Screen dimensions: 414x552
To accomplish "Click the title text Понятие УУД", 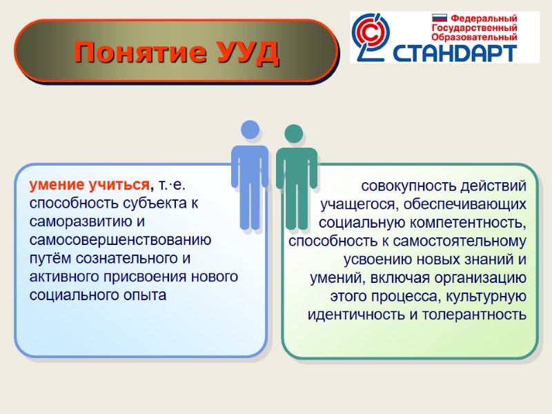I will click(x=177, y=52).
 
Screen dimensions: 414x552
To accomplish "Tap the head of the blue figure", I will click(x=250, y=130).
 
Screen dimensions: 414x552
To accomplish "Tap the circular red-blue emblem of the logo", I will click(x=371, y=34).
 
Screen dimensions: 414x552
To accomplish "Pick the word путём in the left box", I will click(x=52, y=259).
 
